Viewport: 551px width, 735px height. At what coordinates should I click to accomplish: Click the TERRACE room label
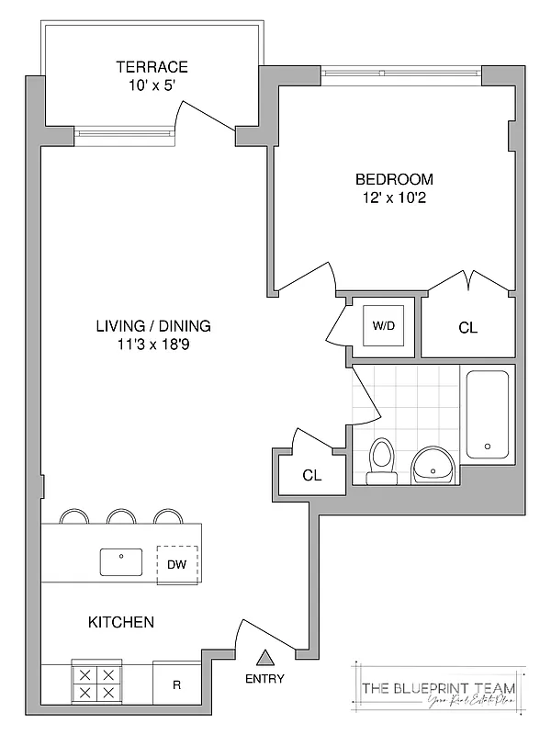point(152,67)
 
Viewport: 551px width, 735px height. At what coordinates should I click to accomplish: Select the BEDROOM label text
point(394,179)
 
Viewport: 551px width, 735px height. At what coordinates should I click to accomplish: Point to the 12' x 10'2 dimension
point(394,198)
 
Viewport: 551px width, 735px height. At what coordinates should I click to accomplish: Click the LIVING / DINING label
point(153,326)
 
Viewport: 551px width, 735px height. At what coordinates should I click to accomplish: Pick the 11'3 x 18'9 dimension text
point(153,345)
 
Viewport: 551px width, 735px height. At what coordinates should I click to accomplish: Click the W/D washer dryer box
point(383,325)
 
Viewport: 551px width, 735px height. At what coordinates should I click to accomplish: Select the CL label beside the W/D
point(467,328)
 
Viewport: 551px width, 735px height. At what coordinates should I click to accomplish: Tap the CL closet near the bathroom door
point(312,475)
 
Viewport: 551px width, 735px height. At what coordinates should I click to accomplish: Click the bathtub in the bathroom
point(487,414)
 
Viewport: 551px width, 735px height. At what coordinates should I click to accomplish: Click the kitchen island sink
point(121,561)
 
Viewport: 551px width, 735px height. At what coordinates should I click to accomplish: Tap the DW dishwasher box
point(177,565)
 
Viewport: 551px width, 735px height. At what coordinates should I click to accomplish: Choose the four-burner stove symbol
point(96,684)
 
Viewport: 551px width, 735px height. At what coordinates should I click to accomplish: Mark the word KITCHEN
point(121,622)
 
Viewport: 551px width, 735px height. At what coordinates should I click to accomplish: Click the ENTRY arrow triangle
point(265,658)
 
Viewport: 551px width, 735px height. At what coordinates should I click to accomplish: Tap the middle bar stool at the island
point(121,516)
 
